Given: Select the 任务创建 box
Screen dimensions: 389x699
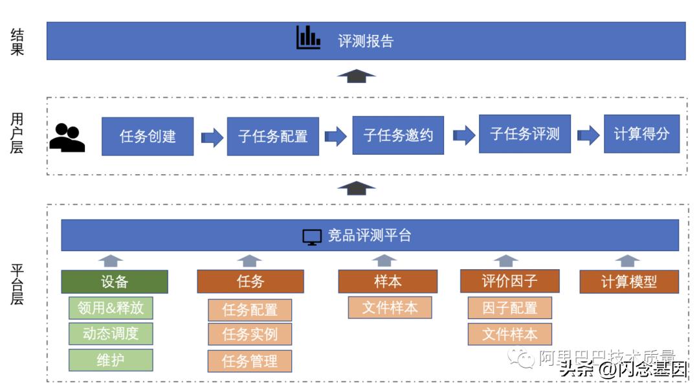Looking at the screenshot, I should [x=148, y=136].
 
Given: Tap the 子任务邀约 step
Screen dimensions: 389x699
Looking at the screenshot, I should [x=398, y=135].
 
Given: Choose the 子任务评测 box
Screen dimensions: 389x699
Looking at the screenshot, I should [x=525, y=134].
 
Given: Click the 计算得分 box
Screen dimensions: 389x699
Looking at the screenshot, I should [x=641, y=134].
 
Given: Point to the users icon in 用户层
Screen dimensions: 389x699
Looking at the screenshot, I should [x=67, y=137].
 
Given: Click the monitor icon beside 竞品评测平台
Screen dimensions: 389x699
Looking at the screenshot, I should [x=312, y=237].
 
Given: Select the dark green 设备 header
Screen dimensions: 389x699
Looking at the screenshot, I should [x=115, y=282].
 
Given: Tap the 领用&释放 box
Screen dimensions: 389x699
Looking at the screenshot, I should [x=111, y=308].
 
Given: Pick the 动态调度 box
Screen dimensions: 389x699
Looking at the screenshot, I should [x=111, y=333].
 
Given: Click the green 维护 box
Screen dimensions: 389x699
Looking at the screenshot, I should [x=111, y=360].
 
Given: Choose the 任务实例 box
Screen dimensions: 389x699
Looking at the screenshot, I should [x=250, y=335].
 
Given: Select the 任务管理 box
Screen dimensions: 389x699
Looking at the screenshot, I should [x=250, y=361].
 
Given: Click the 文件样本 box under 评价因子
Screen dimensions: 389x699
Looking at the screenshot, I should [x=509, y=334].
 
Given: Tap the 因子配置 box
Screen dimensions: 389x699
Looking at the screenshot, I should [x=509, y=308].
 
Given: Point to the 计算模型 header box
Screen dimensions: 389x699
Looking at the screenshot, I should [x=628, y=282].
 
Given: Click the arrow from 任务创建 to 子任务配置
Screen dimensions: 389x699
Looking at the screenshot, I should [x=212, y=137].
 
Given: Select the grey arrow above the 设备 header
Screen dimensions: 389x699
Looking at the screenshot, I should [x=111, y=260].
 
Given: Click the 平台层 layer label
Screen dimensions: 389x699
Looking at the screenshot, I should [x=17, y=284].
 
